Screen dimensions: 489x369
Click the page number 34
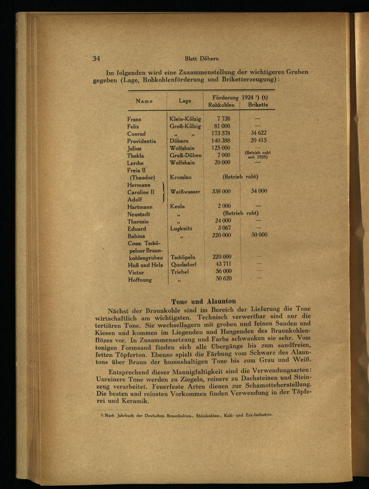(96, 58)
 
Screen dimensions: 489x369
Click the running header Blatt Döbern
(201, 59)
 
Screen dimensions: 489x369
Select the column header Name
(144, 101)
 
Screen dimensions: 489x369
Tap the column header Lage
(185, 100)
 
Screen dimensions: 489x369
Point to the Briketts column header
(258, 105)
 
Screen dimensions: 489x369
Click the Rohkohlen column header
(221, 105)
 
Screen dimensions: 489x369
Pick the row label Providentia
(141, 141)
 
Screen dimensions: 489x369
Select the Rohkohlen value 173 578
(221, 133)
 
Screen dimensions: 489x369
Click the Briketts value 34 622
(258, 133)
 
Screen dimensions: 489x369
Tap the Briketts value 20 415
(258, 140)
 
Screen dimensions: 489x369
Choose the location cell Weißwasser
(185, 192)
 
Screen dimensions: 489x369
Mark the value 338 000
(221, 191)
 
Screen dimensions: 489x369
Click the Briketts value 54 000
(259, 191)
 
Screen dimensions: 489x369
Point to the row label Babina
(136, 236)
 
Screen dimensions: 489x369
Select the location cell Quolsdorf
(183, 264)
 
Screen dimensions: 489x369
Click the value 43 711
(223, 264)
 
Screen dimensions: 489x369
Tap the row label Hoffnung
(140, 280)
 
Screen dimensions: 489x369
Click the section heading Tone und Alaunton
(203, 301)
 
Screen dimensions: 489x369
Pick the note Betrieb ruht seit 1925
(258, 155)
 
